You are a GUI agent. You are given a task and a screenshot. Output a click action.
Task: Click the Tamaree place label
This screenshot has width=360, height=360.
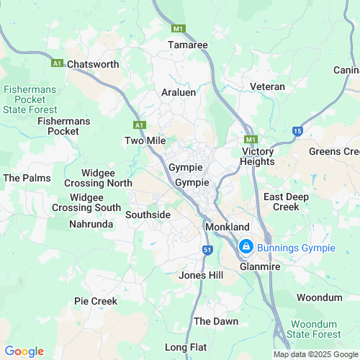(187, 45)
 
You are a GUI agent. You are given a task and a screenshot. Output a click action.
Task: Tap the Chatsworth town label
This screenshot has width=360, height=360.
(93, 64)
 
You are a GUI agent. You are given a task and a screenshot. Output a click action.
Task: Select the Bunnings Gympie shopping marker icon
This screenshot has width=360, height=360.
(245, 247)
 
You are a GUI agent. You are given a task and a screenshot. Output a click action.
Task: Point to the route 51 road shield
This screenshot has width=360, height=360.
(207, 249)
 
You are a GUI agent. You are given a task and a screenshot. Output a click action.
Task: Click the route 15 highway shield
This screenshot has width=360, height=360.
(297, 130)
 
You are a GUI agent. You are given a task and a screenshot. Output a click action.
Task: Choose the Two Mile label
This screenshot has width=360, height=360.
(145, 140)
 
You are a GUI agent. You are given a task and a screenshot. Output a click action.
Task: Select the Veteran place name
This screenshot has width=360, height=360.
(267, 86)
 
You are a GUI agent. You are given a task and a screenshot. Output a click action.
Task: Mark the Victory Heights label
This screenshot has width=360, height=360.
(258, 156)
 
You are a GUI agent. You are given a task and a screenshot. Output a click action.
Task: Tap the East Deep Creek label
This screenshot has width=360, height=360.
(281, 202)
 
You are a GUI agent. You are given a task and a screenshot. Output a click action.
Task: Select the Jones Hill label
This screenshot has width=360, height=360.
(201, 276)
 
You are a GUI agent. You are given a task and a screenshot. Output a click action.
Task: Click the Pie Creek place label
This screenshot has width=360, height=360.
(95, 300)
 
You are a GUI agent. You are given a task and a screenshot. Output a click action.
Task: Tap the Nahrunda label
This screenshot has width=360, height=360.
(91, 225)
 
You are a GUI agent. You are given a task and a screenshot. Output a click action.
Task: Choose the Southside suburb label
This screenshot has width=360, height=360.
(148, 215)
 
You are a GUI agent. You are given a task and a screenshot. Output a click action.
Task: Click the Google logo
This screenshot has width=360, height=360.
(24, 351)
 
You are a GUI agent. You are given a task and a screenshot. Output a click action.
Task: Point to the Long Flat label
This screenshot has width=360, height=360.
(190, 347)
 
